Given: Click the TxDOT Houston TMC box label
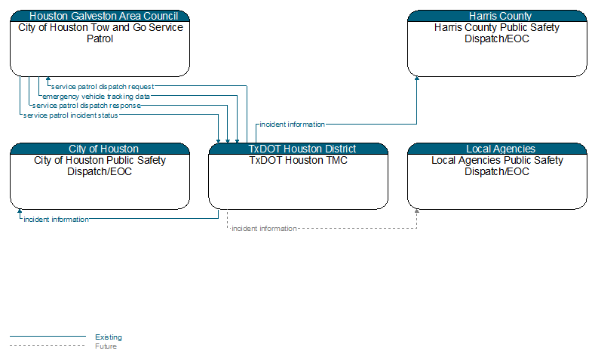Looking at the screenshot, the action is click(299, 160).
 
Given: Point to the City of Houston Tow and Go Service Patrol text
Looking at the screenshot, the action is click(100, 33).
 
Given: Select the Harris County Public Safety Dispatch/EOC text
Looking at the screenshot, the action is click(497, 33).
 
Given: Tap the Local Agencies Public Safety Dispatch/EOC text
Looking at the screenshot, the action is click(497, 166).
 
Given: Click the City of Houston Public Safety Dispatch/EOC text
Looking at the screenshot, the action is click(100, 166).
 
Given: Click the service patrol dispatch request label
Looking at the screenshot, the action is click(103, 87).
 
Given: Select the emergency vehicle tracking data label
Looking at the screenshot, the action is click(96, 97).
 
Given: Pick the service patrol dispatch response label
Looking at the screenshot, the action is click(87, 106).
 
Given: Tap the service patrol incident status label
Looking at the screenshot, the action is click(71, 115).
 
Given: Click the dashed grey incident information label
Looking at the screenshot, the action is click(264, 228).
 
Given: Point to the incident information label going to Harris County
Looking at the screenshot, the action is click(292, 125).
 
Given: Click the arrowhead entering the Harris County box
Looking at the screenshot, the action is click(417, 78).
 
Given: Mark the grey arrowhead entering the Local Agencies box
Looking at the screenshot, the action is click(417, 211).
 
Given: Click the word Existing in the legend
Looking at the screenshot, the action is click(109, 337).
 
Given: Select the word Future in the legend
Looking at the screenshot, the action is click(106, 346).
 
